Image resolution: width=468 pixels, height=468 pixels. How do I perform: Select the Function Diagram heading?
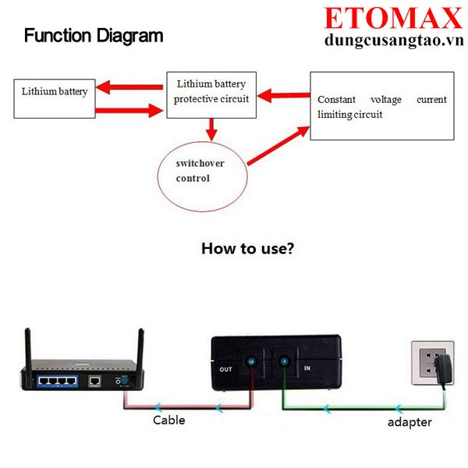[94, 35]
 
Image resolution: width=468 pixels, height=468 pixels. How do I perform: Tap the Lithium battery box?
[54, 97]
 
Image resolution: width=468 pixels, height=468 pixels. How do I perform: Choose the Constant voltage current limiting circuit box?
[381, 105]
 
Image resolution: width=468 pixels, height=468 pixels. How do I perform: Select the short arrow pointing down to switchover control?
[211, 127]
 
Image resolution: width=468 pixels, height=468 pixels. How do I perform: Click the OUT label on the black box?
[226, 369]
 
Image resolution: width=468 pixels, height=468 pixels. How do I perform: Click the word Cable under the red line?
[168, 420]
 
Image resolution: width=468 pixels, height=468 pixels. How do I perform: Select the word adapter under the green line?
[409, 422]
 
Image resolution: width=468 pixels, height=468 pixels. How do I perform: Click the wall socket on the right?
[430, 363]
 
